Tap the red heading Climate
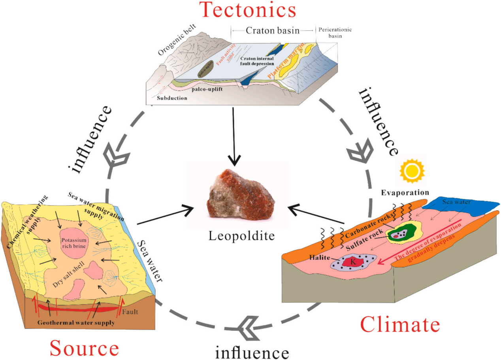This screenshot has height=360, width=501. [400, 325]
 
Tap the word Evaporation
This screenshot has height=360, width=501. [405, 193]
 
